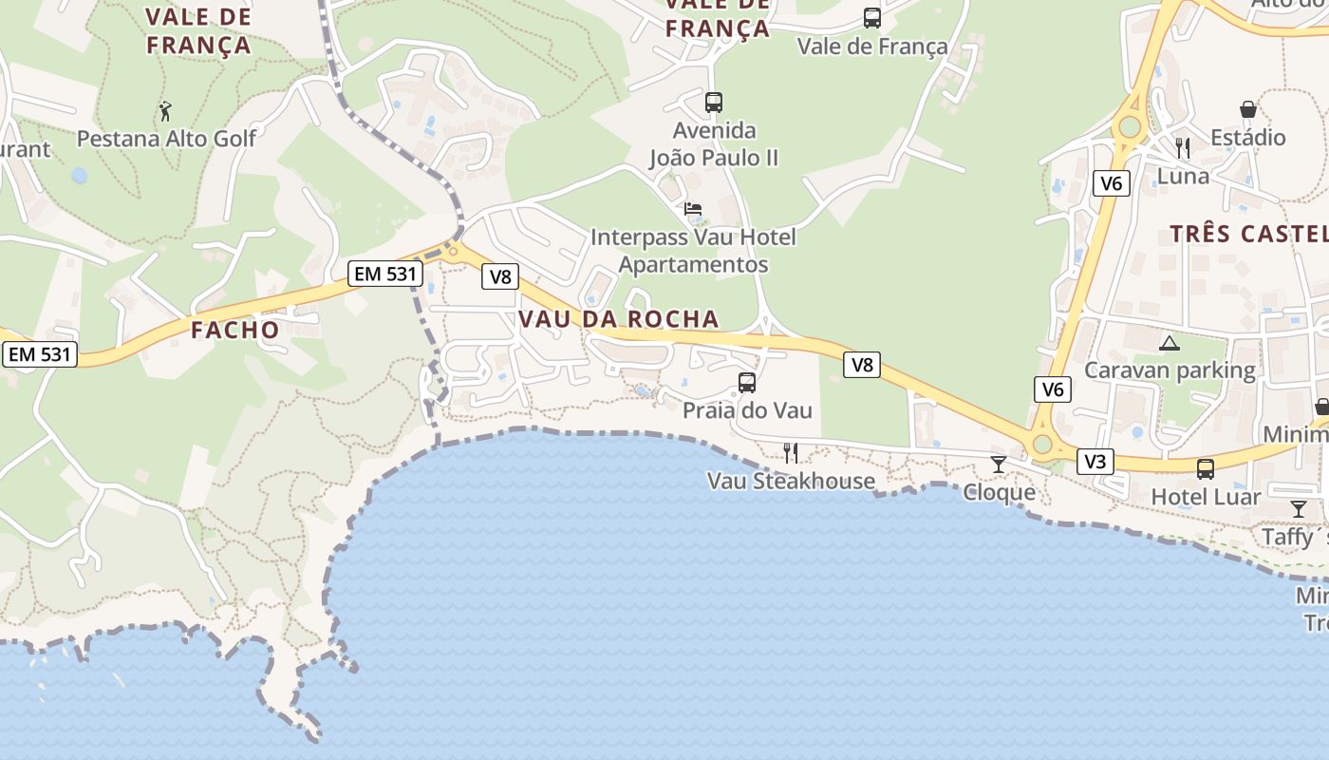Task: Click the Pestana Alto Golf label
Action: pyautogui.click(x=166, y=139)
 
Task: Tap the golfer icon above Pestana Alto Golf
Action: pyautogui.click(x=165, y=111)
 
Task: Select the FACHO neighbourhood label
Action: pyautogui.click(x=235, y=331)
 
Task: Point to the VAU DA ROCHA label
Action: pyautogui.click(x=618, y=319)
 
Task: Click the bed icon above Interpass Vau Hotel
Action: pyautogui.click(x=693, y=209)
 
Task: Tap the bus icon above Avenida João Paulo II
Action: pyautogui.click(x=713, y=102)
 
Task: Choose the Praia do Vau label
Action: pyautogui.click(x=747, y=410)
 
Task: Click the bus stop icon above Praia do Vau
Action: pyautogui.click(x=747, y=383)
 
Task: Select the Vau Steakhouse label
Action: pyautogui.click(x=791, y=481)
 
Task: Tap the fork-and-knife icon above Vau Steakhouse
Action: pyautogui.click(x=790, y=453)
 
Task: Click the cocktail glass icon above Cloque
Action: pyautogui.click(x=998, y=464)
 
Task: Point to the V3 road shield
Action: pyautogui.click(x=1095, y=462)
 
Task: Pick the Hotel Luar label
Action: pyautogui.click(x=1206, y=497)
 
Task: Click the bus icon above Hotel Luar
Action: pyautogui.click(x=1205, y=468)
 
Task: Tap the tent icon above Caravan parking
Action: pyautogui.click(x=1169, y=343)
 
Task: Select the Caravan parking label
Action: pyautogui.click(x=1170, y=370)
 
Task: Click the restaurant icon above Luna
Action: pyautogui.click(x=1183, y=147)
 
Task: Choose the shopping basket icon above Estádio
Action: pyautogui.click(x=1247, y=110)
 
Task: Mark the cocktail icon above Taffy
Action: pyautogui.click(x=1298, y=509)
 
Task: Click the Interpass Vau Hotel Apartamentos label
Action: pyautogui.click(x=693, y=251)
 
